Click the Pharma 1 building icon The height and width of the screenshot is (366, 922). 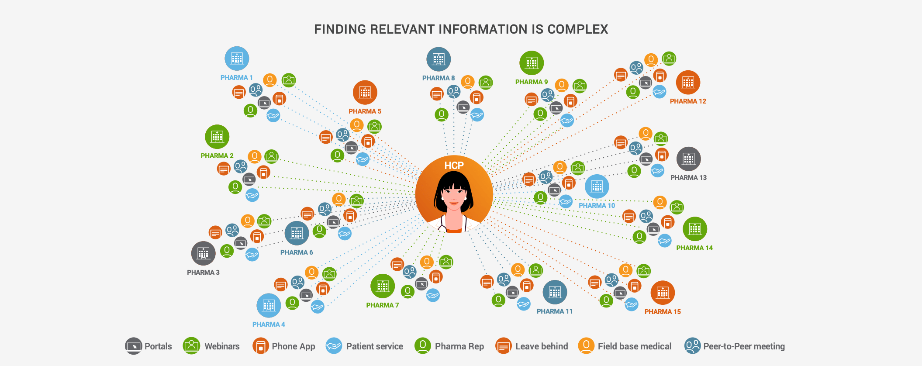pyautogui.click(x=237, y=59)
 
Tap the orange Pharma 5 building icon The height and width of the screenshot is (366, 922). pyautogui.click(x=365, y=93)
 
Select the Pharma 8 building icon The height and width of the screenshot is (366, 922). pyautogui.click(x=439, y=59)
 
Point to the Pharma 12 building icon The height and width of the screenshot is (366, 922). pyautogui.click(x=688, y=82)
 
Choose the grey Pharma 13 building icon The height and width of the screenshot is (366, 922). pyautogui.click(x=688, y=159)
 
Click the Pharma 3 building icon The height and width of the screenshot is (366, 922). pyautogui.click(x=203, y=253)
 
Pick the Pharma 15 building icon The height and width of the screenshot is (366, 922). pyautogui.click(x=663, y=293)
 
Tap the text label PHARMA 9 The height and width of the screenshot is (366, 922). pyautogui.click(x=531, y=82)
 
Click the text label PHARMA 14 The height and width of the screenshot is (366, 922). pyautogui.click(x=694, y=248)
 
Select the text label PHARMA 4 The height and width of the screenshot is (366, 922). pyautogui.click(x=269, y=325)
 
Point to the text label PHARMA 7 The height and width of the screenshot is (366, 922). pyautogui.click(x=382, y=305)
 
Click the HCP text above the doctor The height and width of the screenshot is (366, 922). pyautogui.click(x=454, y=166)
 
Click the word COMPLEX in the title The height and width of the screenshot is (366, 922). pyautogui.click(x=577, y=29)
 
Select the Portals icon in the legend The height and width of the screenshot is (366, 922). pyautogui.click(x=134, y=346)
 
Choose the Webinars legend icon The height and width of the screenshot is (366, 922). pyautogui.click(x=191, y=346)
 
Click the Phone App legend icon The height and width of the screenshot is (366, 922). pyautogui.click(x=260, y=346)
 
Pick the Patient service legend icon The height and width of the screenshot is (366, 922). pyautogui.click(x=334, y=346)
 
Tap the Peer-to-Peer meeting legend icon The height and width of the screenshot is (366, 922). pyautogui.click(x=692, y=346)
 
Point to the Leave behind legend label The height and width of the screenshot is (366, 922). pyautogui.click(x=542, y=346)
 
